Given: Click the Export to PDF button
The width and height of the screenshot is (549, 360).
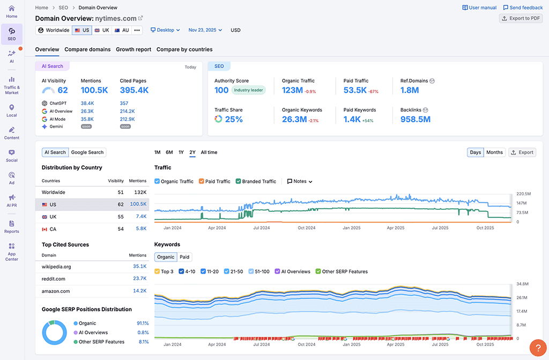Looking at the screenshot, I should pyautogui.click(x=521, y=18).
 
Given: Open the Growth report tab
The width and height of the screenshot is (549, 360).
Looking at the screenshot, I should pyautogui.click(x=133, y=49).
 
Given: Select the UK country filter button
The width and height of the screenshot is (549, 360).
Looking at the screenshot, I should pyautogui.click(x=102, y=30).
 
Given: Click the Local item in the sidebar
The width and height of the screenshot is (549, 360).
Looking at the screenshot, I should pyautogui.click(x=12, y=111).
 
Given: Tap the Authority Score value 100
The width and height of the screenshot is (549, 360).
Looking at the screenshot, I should pyautogui.click(x=221, y=90).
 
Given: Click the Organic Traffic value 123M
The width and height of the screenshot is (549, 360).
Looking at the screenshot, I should pyautogui.click(x=292, y=90).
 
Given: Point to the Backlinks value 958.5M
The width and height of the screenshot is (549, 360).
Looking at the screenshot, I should pyautogui.click(x=416, y=119).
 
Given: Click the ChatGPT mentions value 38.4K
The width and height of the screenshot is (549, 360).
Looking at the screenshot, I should pyautogui.click(x=87, y=103).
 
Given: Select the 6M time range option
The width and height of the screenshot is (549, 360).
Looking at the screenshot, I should pyautogui.click(x=169, y=152).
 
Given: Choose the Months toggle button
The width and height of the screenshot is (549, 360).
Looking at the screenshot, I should pyautogui.click(x=494, y=152).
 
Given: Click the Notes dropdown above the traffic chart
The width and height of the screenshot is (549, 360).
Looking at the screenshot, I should pyautogui.click(x=300, y=181).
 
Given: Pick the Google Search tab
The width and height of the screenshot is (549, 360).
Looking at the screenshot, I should pyautogui.click(x=87, y=152).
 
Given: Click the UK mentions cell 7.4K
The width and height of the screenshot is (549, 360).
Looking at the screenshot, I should pyautogui.click(x=141, y=217).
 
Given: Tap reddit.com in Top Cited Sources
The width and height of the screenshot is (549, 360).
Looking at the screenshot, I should pyautogui.click(x=54, y=278).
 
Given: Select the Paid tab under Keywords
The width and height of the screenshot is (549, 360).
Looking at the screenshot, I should pyautogui.click(x=184, y=257).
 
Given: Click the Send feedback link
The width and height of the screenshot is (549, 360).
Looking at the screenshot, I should pyautogui.click(x=523, y=8).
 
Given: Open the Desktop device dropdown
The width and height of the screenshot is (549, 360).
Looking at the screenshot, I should pyautogui.click(x=165, y=30).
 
